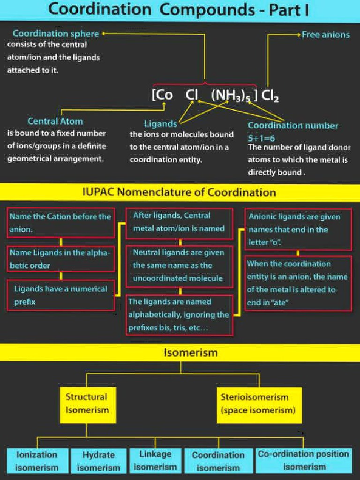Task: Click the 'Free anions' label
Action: tap(325, 35)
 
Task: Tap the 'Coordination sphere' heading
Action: tap(56, 34)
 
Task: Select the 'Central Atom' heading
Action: tap(55, 121)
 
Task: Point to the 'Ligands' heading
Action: tap(160, 124)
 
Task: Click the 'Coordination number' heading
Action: tap(292, 126)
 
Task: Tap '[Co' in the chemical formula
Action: tap(163, 95)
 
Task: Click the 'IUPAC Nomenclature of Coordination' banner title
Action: tap(179, 192)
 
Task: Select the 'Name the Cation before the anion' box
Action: tap(60, 223)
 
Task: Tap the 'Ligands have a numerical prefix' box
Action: tap(60, 295)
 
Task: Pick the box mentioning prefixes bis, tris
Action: tap(180, 315)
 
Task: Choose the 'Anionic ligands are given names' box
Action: tap(298, 230)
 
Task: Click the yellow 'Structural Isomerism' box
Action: tap(87, 404)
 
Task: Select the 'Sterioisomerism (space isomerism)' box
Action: tap(258, 404)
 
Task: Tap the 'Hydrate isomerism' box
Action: tap(98, 461)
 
